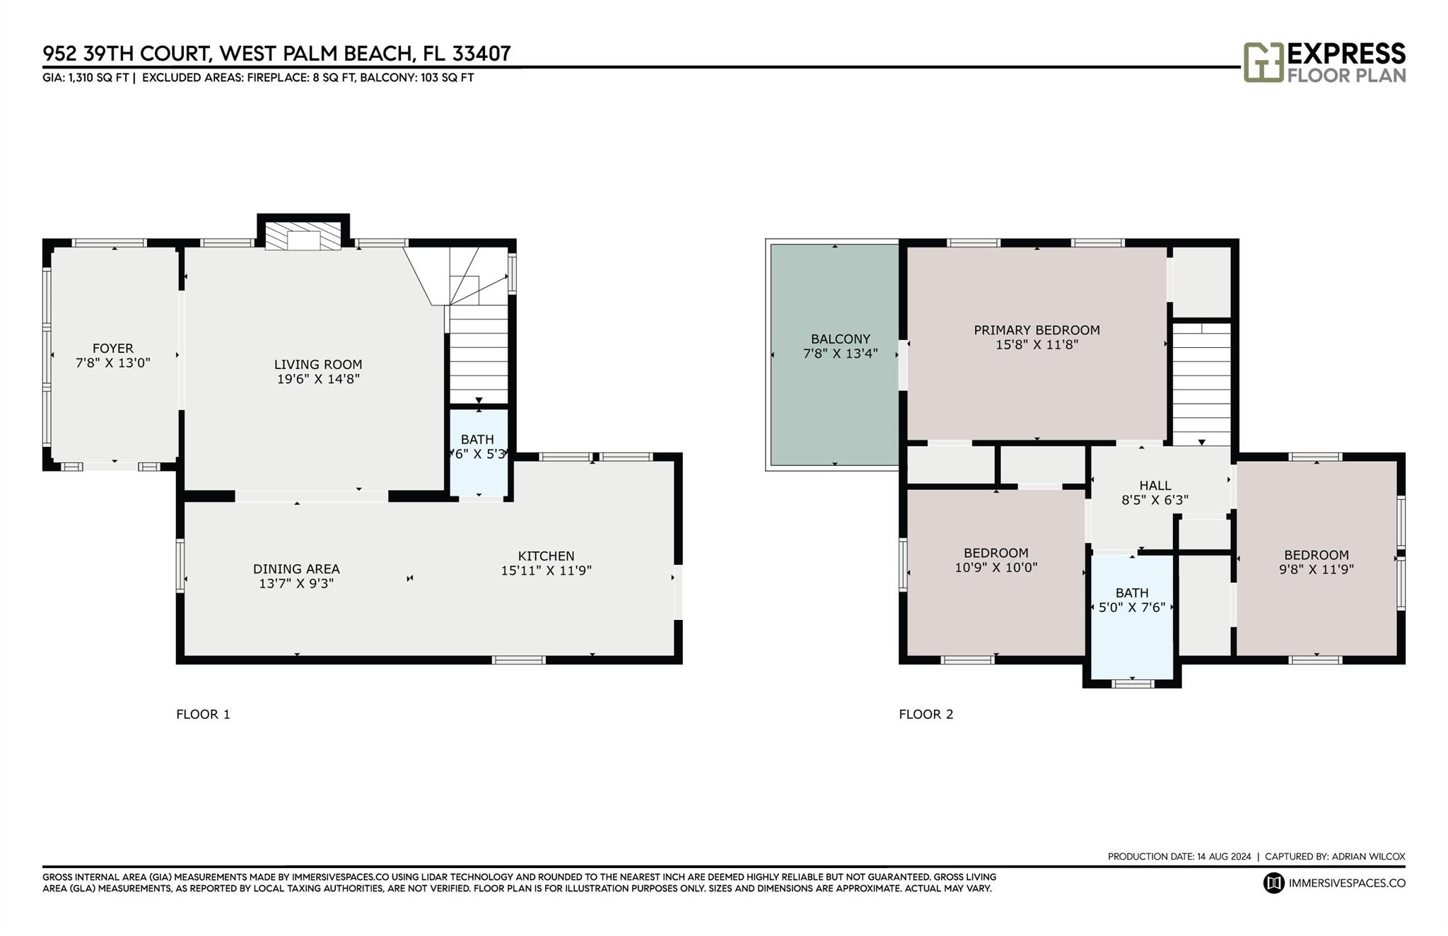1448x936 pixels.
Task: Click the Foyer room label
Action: click(x=113, y=348)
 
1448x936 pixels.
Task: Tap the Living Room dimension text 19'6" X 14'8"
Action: click(x=318, y=379)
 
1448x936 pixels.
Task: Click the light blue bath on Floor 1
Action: click(x=479, y=452)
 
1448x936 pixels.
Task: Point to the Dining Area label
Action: click(x=296, y=568)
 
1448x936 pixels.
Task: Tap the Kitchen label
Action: click(x=546, y=556)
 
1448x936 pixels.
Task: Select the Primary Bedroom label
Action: click(x=1037, y=329)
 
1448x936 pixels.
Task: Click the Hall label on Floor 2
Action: click(x=1155, y=485)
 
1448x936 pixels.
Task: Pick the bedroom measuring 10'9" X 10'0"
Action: click(x=995, y=573)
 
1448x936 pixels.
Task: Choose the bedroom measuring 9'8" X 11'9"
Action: click(x=1316, y=558)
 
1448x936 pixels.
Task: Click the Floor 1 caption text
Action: click(x=203, y=714)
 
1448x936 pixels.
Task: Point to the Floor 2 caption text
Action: click(x=926, y=714)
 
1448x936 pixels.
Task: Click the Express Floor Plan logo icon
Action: click(x=1263, y=62)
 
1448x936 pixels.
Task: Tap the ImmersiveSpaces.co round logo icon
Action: click(x=1273, y=883)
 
